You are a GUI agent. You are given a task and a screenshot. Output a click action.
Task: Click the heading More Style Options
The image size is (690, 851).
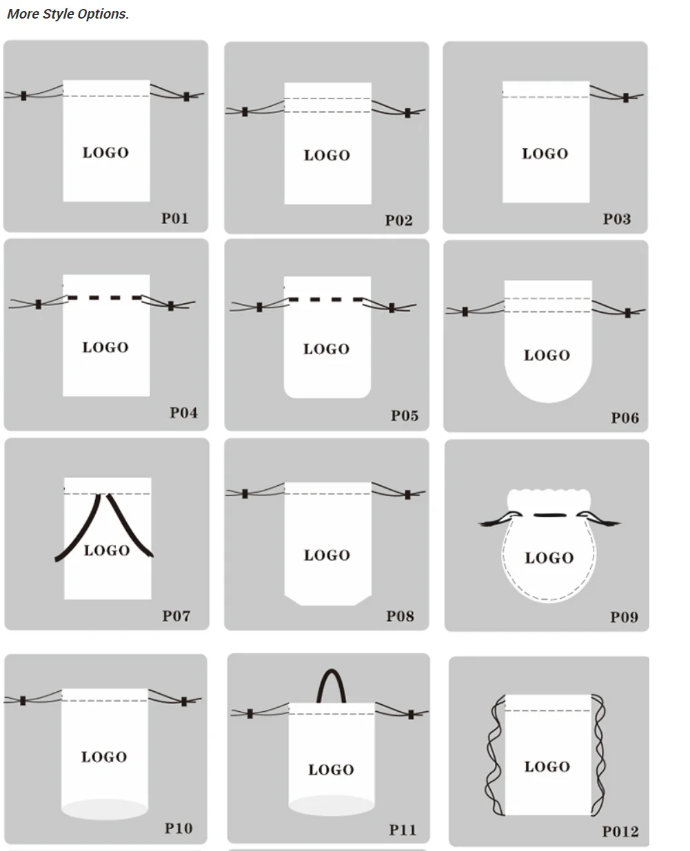(x=68, y=14)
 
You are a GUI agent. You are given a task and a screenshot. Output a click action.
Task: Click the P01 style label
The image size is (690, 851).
(x=175, y=218)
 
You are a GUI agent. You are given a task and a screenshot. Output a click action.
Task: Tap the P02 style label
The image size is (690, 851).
(x=398, y=221)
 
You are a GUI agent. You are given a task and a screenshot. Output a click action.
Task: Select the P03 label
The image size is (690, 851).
(x=617, y=219)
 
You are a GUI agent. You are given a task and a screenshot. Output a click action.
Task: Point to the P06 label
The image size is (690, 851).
(x=625, y=418)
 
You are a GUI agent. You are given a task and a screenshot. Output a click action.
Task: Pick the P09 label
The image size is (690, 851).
(x=624, y=617)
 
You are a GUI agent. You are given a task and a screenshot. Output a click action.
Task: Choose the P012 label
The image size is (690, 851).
(x=620, y=832)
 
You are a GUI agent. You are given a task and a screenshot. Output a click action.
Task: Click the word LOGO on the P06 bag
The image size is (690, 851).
(x=547, y=356)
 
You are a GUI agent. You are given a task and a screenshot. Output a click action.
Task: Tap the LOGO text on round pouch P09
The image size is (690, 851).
(x=549, y=557)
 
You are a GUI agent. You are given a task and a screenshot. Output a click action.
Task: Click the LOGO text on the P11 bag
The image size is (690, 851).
(x=331, y=770)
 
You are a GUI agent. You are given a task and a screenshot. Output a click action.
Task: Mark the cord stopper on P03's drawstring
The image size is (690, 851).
(x=626, y=98)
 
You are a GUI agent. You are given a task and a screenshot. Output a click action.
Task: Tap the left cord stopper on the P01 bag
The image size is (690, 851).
(x=24, y=96)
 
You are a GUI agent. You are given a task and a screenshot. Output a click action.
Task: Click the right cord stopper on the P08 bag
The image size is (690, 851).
(x=408, y=495)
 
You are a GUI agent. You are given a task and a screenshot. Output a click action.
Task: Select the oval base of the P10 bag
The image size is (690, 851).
(x=105, y=809)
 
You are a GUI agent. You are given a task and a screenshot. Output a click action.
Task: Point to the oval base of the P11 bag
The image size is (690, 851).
(x=331, y=806)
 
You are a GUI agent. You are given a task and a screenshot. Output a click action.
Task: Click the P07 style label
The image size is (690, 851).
(x=176, y=616)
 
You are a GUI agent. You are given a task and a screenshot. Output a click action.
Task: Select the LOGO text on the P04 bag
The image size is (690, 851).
(x=105, y=347)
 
